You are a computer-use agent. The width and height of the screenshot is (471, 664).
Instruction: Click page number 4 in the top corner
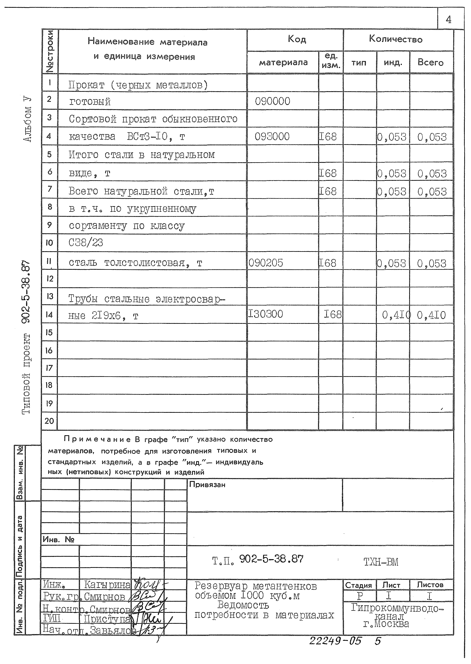[x=448, y=20]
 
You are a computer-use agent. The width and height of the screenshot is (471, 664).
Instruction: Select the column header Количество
[x=396, y=39]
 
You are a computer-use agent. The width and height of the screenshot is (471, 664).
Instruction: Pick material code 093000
[x=272, y=136]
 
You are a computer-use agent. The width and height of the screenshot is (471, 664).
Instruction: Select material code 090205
[x=266, y=263]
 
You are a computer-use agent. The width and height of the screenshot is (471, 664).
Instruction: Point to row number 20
[x=49, y=421]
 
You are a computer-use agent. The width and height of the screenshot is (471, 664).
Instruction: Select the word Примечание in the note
[x=97, y=439]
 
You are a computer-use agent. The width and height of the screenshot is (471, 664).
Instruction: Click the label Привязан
[x=207, y=485]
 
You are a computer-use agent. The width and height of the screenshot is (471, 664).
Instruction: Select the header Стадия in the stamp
[x=358, y=585]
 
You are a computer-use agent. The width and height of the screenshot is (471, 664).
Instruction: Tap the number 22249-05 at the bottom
[x=335, y=641]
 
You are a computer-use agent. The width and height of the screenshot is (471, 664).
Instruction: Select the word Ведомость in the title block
[x=243, y=605]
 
